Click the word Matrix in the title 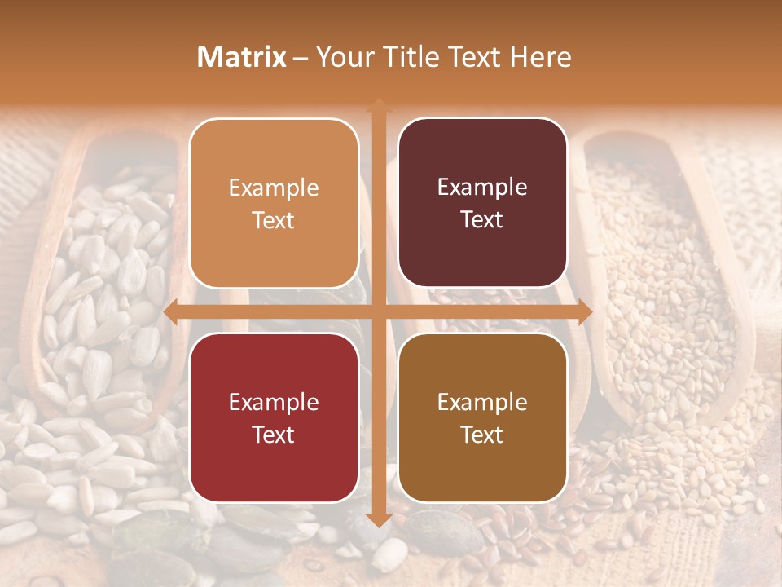click(242, 57)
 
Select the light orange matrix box click(274, 203)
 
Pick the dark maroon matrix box click(482, 203)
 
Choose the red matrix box click(274, 418)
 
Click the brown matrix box click(482, 418)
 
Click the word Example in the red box click(274, 402)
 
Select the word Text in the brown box click(482, 435)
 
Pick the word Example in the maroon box click(482, 188)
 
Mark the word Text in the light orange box click(274, 220)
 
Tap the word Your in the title click(345, 57)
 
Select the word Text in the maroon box click(482, 219)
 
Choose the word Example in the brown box click(482, 402)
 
